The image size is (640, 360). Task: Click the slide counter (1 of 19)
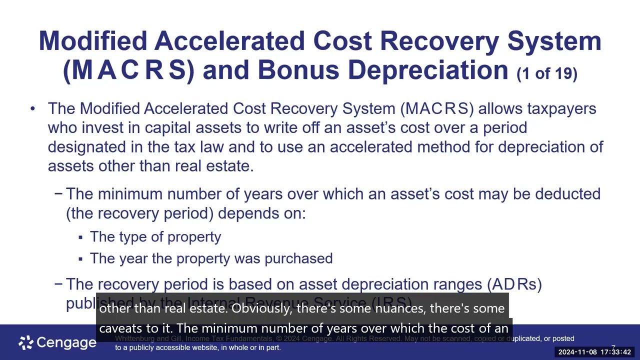tap(547, 74)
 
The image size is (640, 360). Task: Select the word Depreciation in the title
tap(428, 69)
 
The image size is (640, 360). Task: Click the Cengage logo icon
tap(26, 342)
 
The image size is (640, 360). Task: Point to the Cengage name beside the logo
tap(66, 342)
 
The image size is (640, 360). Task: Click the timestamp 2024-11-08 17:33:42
tap(594, 352)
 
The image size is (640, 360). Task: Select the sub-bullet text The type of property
tap(155, 237)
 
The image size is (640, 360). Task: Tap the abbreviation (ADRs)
tap(514, 284)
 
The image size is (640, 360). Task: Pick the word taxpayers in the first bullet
tap(561, 108)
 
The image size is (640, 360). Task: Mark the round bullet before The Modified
tap(32, 108)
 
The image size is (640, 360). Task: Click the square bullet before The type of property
tap(80, 237)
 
